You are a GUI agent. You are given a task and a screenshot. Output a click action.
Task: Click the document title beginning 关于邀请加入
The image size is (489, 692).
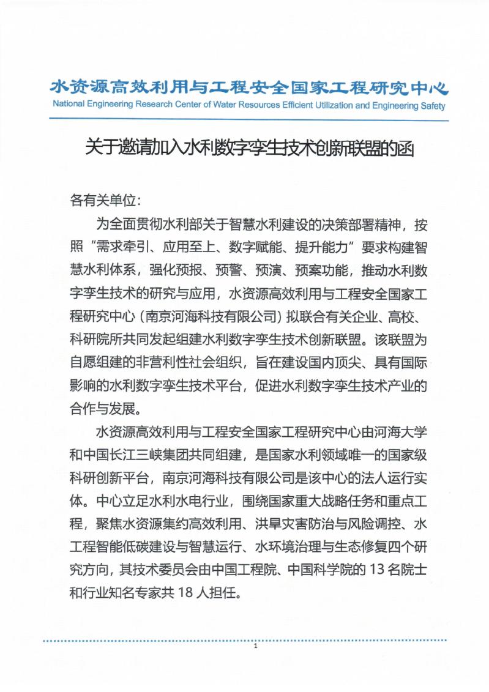[x=249, y=149]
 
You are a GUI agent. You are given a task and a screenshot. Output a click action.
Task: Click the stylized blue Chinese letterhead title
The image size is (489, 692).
[x=249, y=86]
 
